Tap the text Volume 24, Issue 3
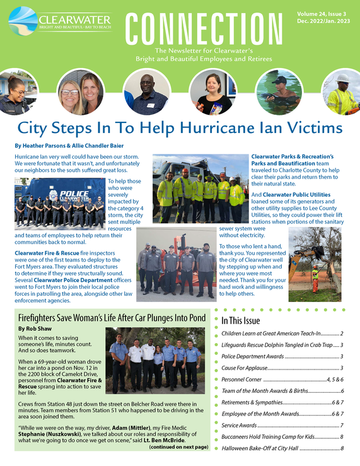[x=323, y=13]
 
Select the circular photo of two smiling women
[x=80, y=91]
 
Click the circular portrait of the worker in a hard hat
[x=342, y=92]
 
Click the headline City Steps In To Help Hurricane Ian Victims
[x=180, y=129]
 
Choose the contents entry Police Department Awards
[x=250, y=356]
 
